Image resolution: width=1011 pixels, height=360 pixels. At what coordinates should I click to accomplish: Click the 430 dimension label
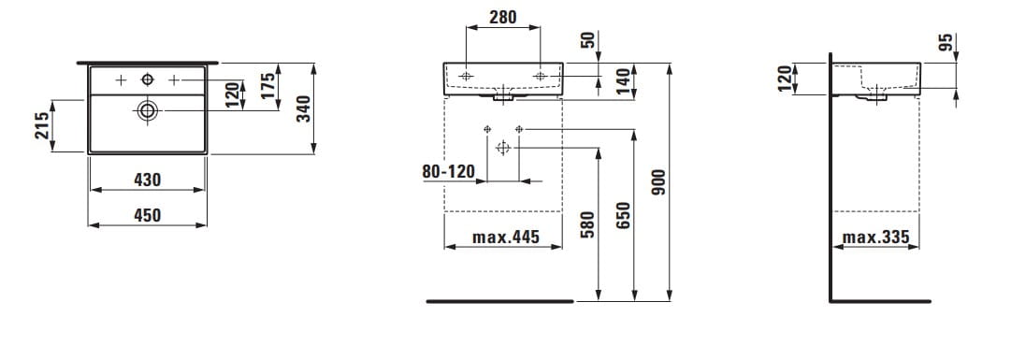[148, 180]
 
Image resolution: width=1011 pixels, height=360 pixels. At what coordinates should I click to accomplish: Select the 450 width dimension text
[148, 215]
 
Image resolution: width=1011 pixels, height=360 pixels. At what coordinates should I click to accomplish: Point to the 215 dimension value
[42, 126]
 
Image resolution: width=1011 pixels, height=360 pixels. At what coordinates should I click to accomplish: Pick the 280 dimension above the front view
[502, 18]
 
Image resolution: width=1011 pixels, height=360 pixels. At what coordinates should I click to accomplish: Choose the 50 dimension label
[587, 39]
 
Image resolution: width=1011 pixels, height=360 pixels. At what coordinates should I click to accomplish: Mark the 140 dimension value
[623, 82]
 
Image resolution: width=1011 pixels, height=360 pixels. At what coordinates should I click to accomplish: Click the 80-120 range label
[448, 172]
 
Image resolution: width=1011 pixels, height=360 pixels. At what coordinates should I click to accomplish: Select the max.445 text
[505, 238]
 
